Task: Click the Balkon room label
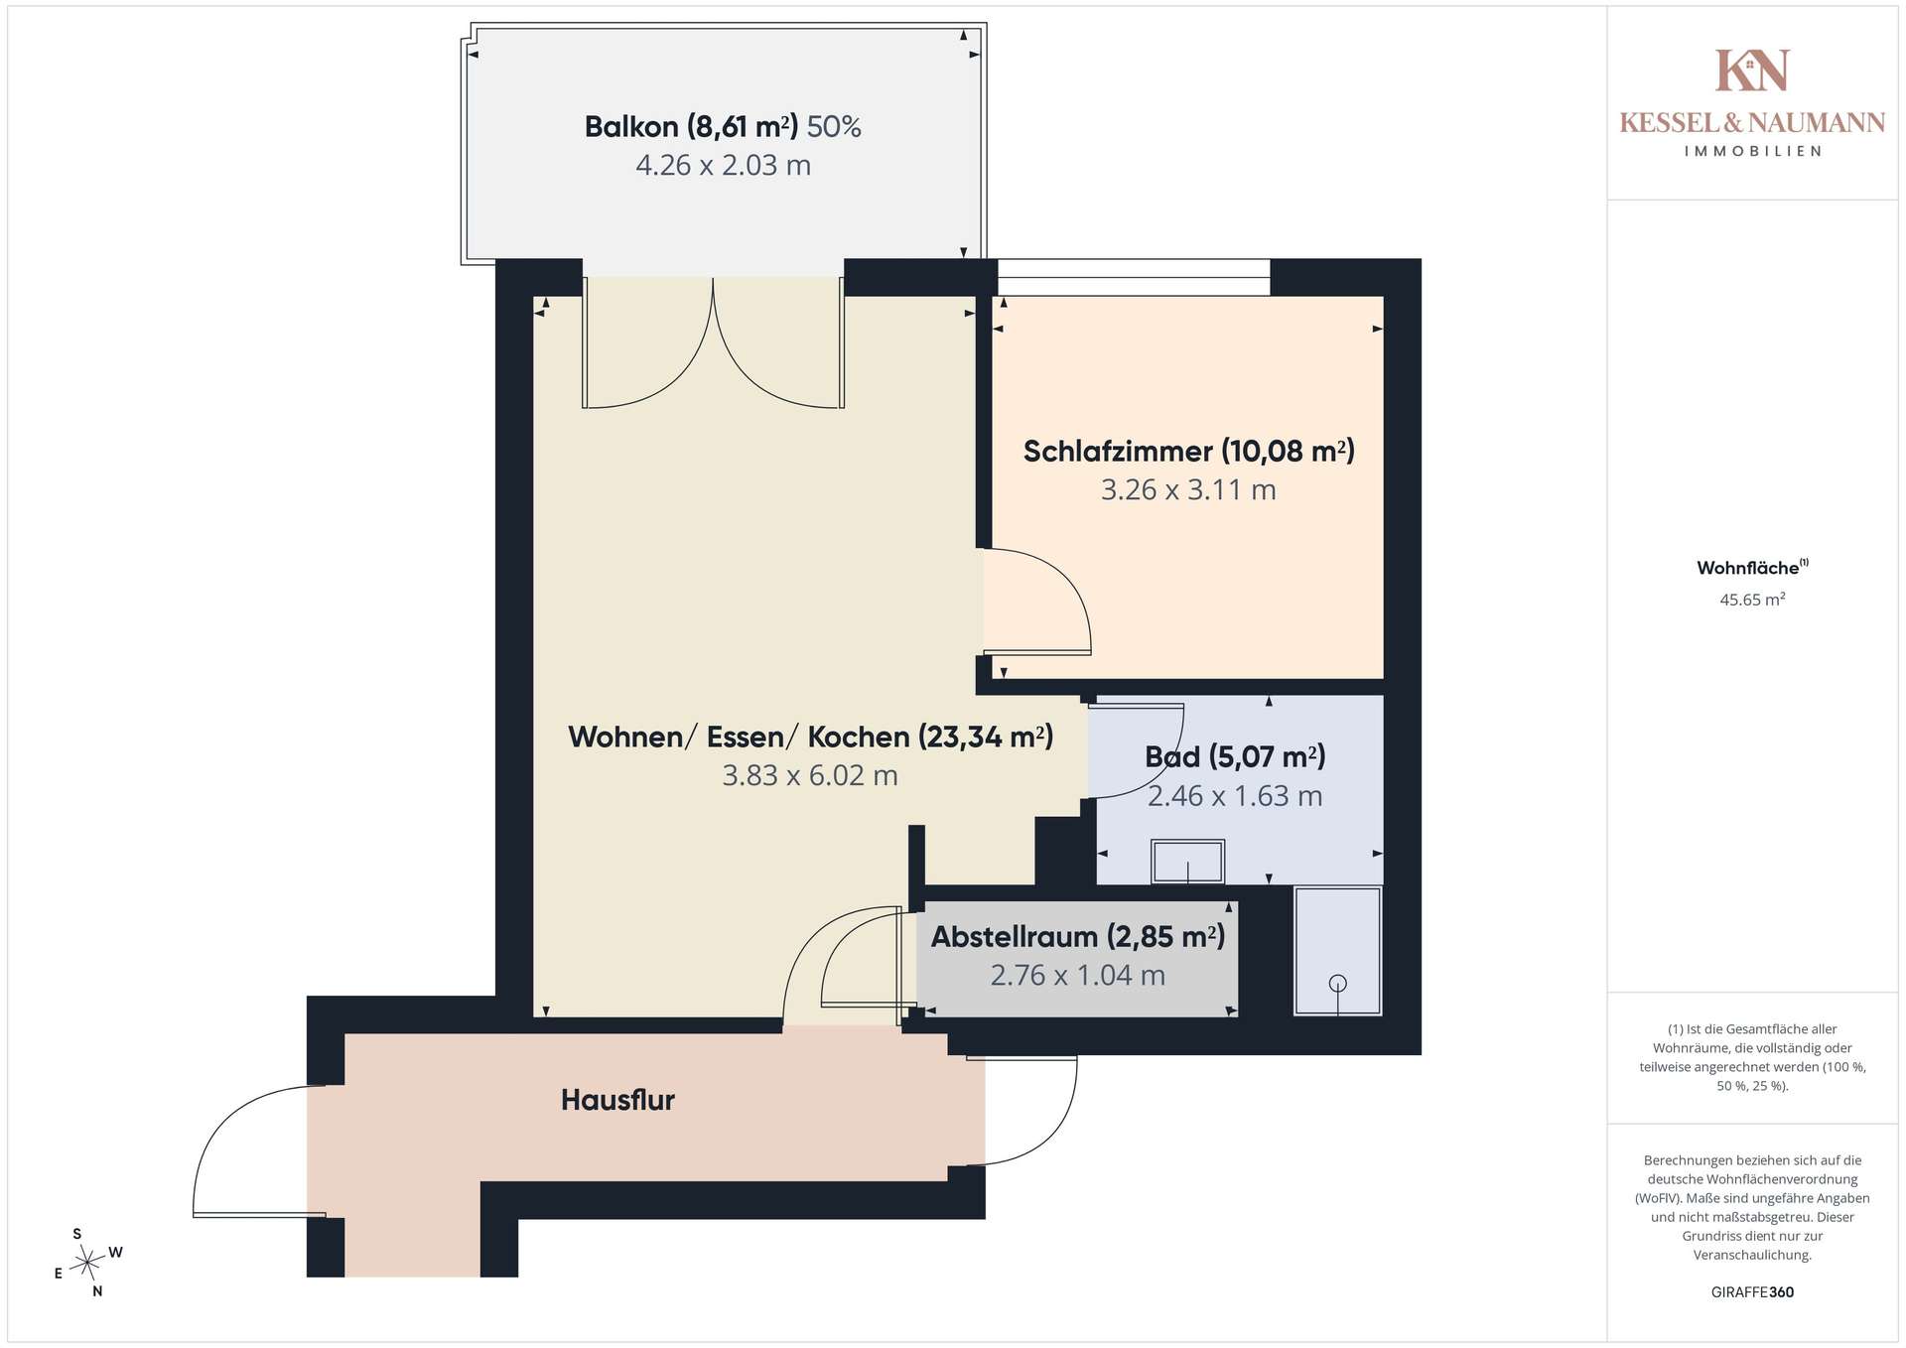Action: click(x=691, y=127)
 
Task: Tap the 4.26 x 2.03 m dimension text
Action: click(x=723, y=165)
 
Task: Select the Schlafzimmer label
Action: click(x=1188, y=452)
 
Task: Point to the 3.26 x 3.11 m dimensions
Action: click(x=1188, y=489)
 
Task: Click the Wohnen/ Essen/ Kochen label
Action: click(x=810, y=737)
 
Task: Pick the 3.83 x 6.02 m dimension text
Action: click(x=810, y=775)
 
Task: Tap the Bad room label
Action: click(x=1235, y=757)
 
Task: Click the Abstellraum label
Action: click(x=1077, y=936)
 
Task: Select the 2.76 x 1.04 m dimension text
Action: click(x=1077, y=975)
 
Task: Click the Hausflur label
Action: click(x=617, y=1100)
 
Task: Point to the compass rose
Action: click(x=88, y=1263)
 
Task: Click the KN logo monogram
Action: click(x=1752, y=70)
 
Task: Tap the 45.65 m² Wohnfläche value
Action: click(x=1752, y=600)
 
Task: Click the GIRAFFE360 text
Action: click(x=1752, y=1292)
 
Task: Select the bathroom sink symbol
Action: click(x=1187, y=862)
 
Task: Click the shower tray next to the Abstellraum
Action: click(x=1337, y=951)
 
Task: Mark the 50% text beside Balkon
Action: click(x=834, y=127)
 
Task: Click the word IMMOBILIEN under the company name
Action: click(x=1752, y=151)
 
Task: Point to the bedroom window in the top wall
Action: click(x=1134, y=278)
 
